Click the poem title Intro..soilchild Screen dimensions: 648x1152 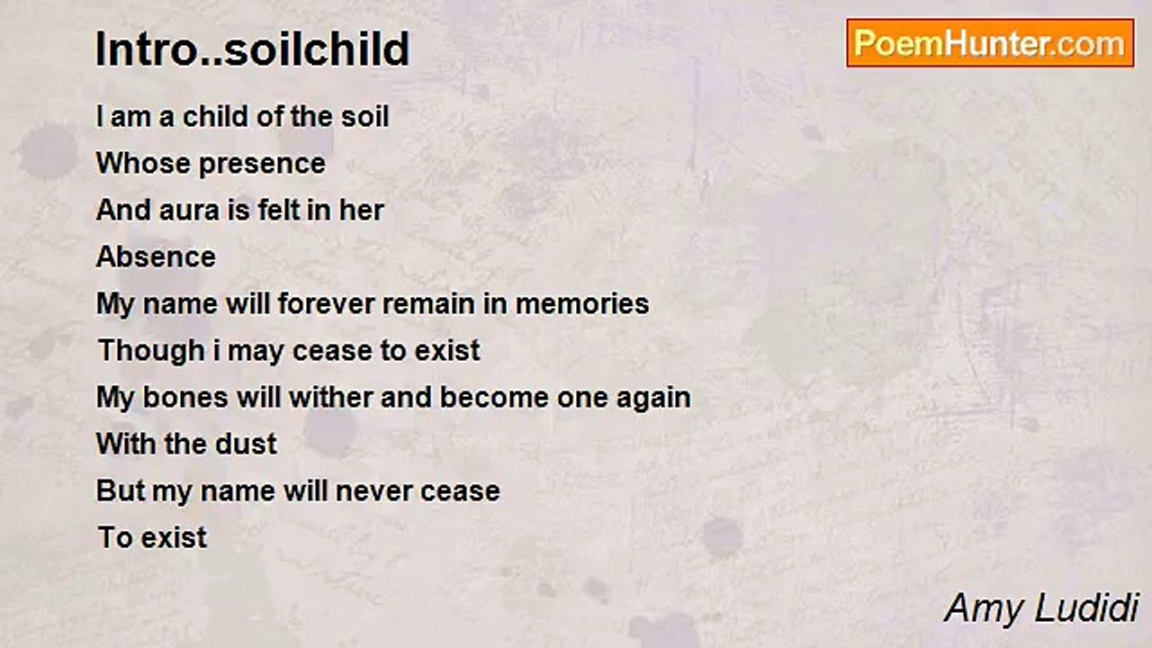pyautogui.click(x=253, y=49)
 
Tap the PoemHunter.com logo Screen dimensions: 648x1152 pyautogui.click(x=989, y=43)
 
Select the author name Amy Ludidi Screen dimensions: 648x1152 pyautogui.click(x=1041, y=608)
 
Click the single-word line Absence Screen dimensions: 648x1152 pyautogui.click(x=156, y=257)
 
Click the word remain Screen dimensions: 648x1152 pyautogui.click(x=429, y=304)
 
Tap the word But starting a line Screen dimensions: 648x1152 pyautogui.click(x=120, y=491)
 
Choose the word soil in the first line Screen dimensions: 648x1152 pyautogui.click(x=364, y=117)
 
